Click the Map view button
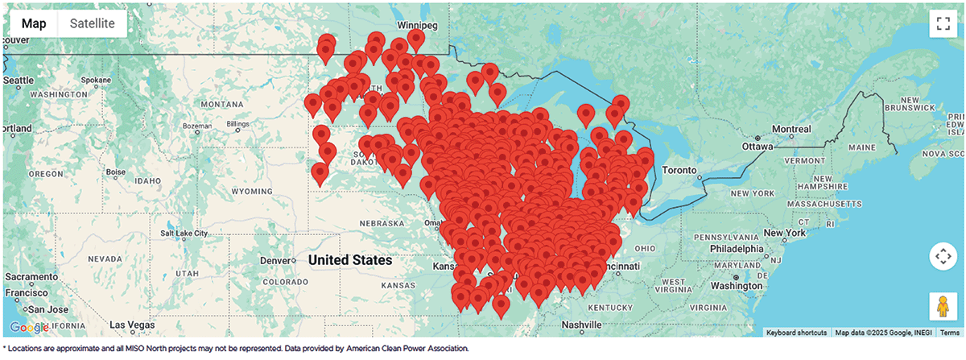coord(34,23)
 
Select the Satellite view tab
coord(92,23)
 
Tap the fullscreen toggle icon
coord(941,23)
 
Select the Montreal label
coord(791,129)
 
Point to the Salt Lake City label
coord(191,233)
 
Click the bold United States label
coord(349,260)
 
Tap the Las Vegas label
coord(131,325)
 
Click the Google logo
coord(29,328)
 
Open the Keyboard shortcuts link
coord(796,333)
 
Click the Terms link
coord(949,333)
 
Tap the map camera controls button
coord(941,257)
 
